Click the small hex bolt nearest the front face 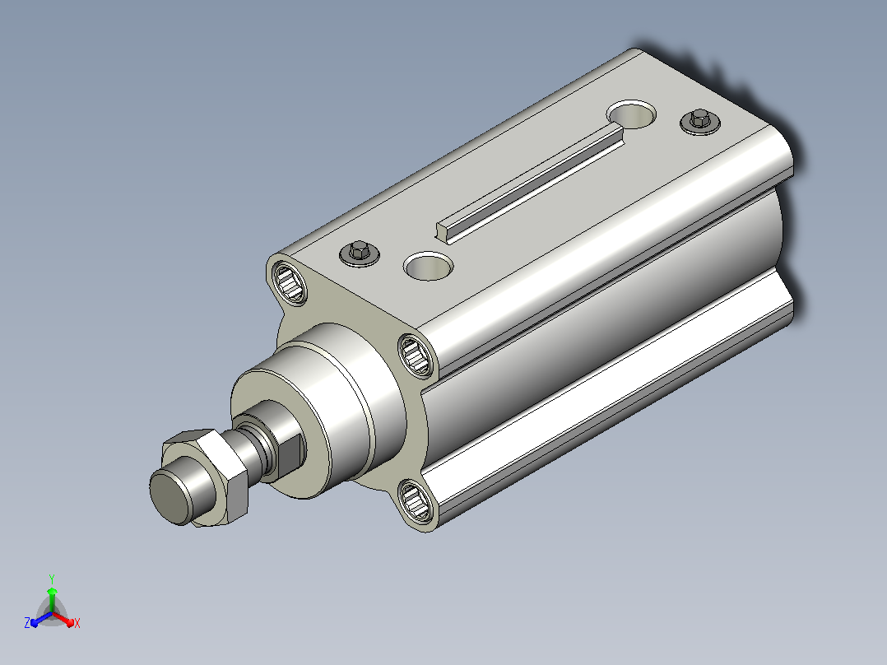coord(360,253)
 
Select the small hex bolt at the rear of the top coord(699,121)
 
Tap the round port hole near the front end coord(428,266)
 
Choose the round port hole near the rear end coord(632,114)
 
